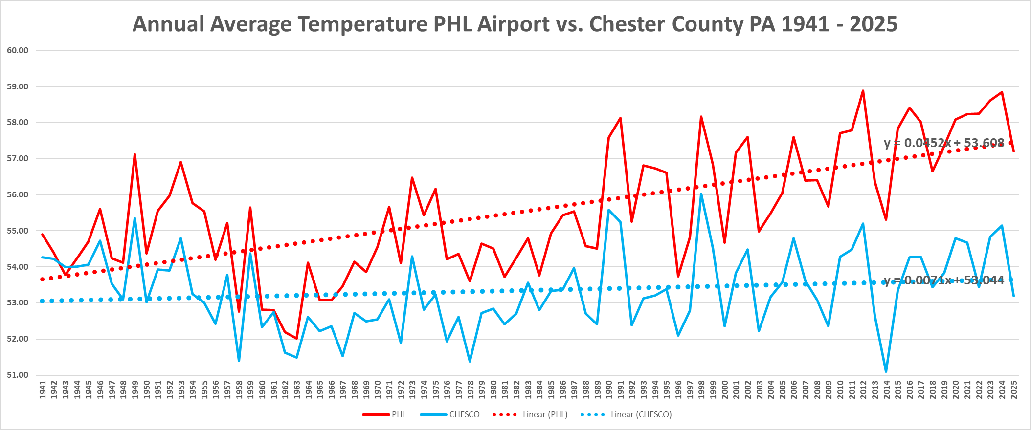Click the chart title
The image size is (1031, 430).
point(515,24)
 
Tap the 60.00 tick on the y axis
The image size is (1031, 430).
point(18,50)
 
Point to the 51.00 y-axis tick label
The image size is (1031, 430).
point(18,375)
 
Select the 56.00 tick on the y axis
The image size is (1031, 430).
point(18,194)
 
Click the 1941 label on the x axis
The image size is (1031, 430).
point(43,389)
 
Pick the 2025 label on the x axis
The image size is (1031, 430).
point(1014,389)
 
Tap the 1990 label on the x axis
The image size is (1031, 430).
point(609,389)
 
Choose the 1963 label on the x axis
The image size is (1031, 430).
point(297,389)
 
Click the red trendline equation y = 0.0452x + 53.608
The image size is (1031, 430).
point(944,143)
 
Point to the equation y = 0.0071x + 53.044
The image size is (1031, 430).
point(944,280)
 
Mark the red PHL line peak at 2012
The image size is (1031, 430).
point(863,91)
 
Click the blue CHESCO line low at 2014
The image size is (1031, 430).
point(886,372)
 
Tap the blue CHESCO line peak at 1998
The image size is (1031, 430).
point(701,194)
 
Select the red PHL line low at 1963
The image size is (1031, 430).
point(297,338)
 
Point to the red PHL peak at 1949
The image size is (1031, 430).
point(134,154)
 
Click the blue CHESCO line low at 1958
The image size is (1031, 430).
point(239,361)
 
